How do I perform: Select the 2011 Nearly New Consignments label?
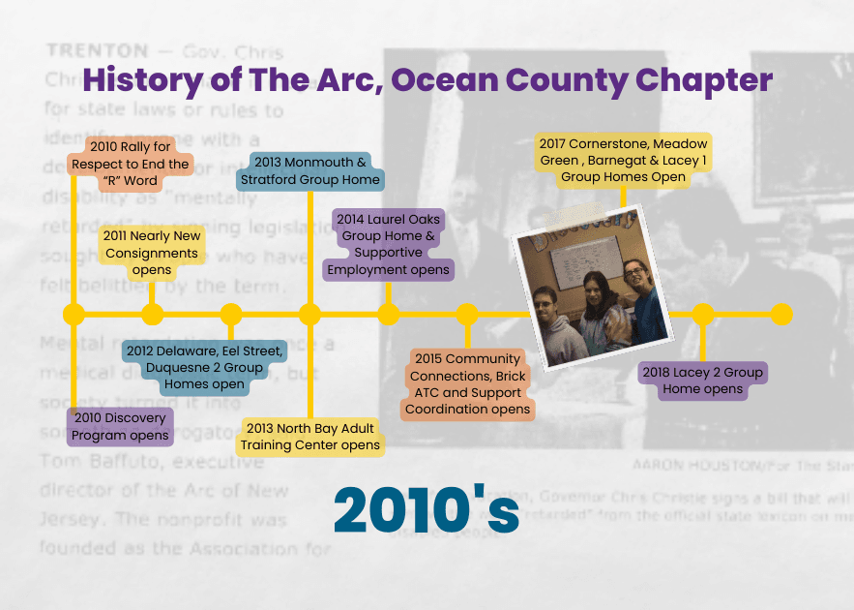point(152,252)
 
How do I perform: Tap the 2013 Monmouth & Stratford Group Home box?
point(310,171)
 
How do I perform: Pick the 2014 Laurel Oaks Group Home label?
point(389,244)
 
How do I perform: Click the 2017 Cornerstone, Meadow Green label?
point(623,161)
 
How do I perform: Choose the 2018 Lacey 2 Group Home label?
point(703,381)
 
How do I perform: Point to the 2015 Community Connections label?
point(467,384)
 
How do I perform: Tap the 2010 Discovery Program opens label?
point(120,427)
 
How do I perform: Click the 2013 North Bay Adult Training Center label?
point(310,437)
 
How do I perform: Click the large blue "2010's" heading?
point(427,510)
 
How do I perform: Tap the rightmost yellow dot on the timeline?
point(781,314)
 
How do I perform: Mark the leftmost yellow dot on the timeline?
point(74,314)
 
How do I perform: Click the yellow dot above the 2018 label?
point(703,314)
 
